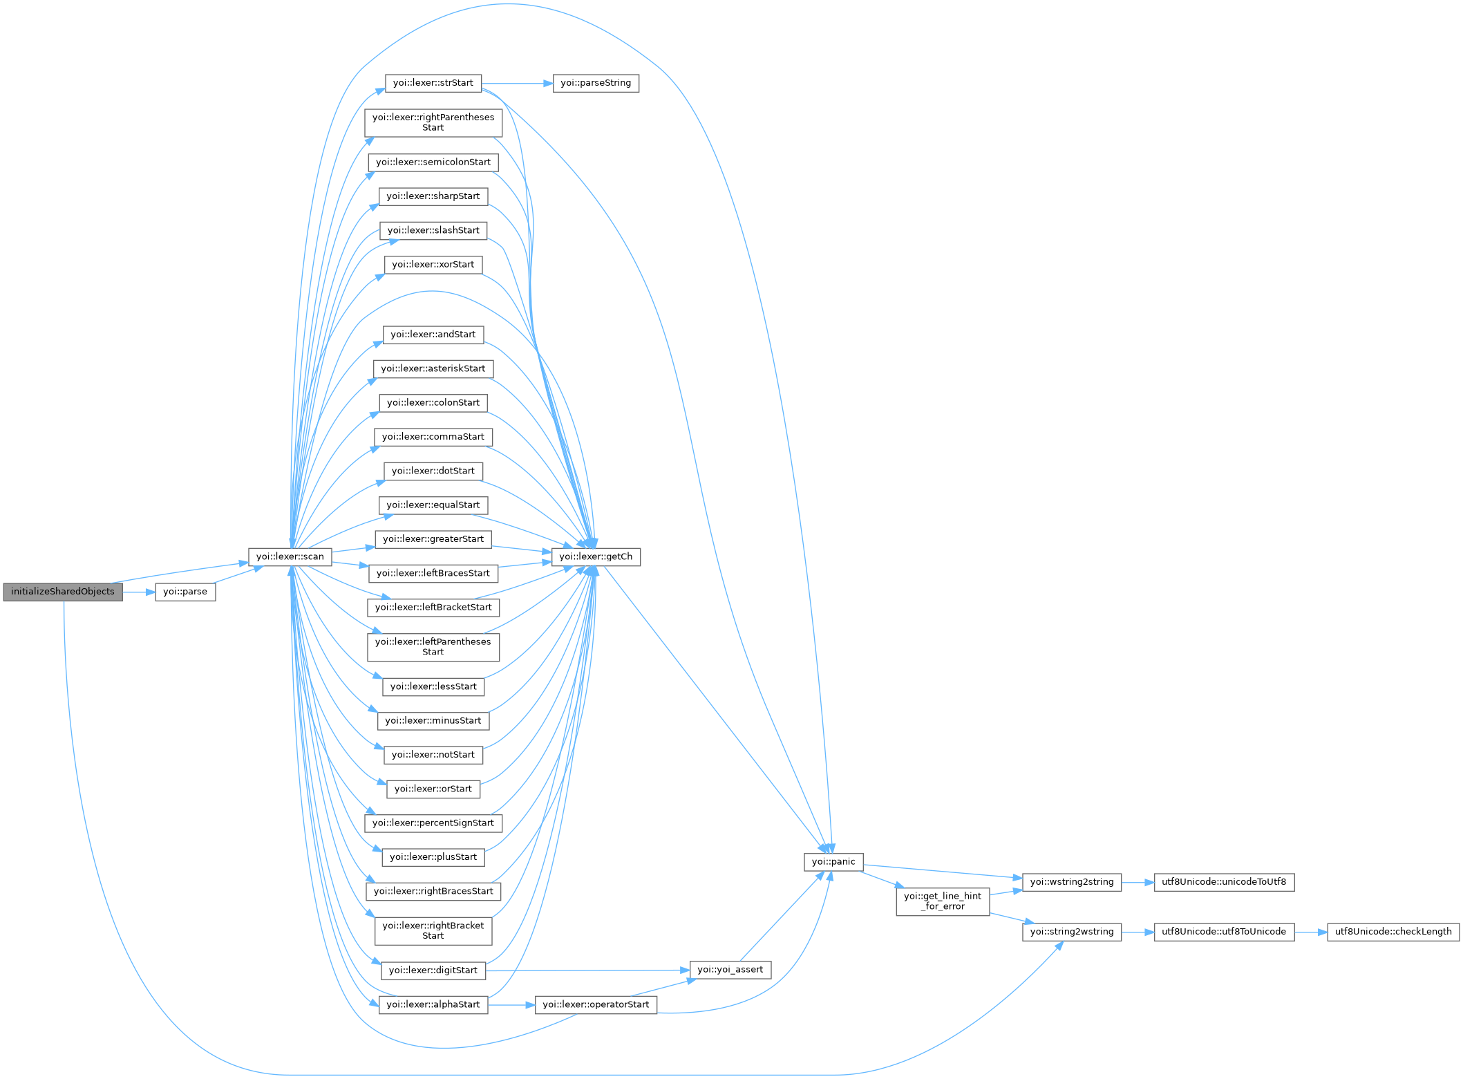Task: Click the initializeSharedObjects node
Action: (x=63, y=592)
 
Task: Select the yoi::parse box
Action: (x=185, y=592)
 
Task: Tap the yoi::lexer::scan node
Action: (x=290, y=557)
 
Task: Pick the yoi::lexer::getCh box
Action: (x=596, y=557)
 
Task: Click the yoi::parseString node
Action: (x=596, y=84)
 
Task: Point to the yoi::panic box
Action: (x=833, y=862)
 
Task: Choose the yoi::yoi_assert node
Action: (x=730, y=970)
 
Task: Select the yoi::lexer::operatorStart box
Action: (x=596, y=1005)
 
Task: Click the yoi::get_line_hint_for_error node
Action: (x=943, y=901)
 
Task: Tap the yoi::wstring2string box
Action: (x=1072, y=882)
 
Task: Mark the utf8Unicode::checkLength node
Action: (x=1393, y=932)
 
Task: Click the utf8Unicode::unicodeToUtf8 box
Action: (x=1224, y=882)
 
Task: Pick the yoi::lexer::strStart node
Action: (x=433, y=84)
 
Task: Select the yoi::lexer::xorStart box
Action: (x=433, y=265)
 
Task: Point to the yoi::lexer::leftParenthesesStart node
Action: (x=433, y=647)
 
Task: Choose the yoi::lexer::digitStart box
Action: (x=433, y=970)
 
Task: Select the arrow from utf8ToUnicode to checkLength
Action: (x=1310, y=932)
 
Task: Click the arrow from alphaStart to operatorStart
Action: (x=511, y=1005)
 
